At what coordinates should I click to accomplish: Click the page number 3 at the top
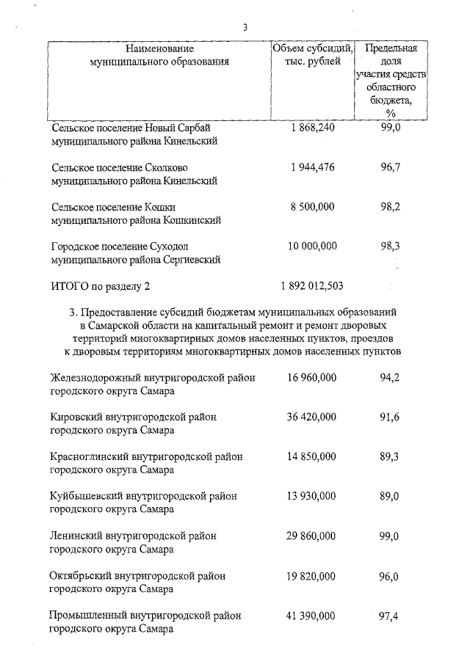(x=245, y=28)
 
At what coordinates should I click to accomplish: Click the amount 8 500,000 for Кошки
(x=312, y=207)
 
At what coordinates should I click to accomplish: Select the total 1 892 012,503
(x=312, y=285)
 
